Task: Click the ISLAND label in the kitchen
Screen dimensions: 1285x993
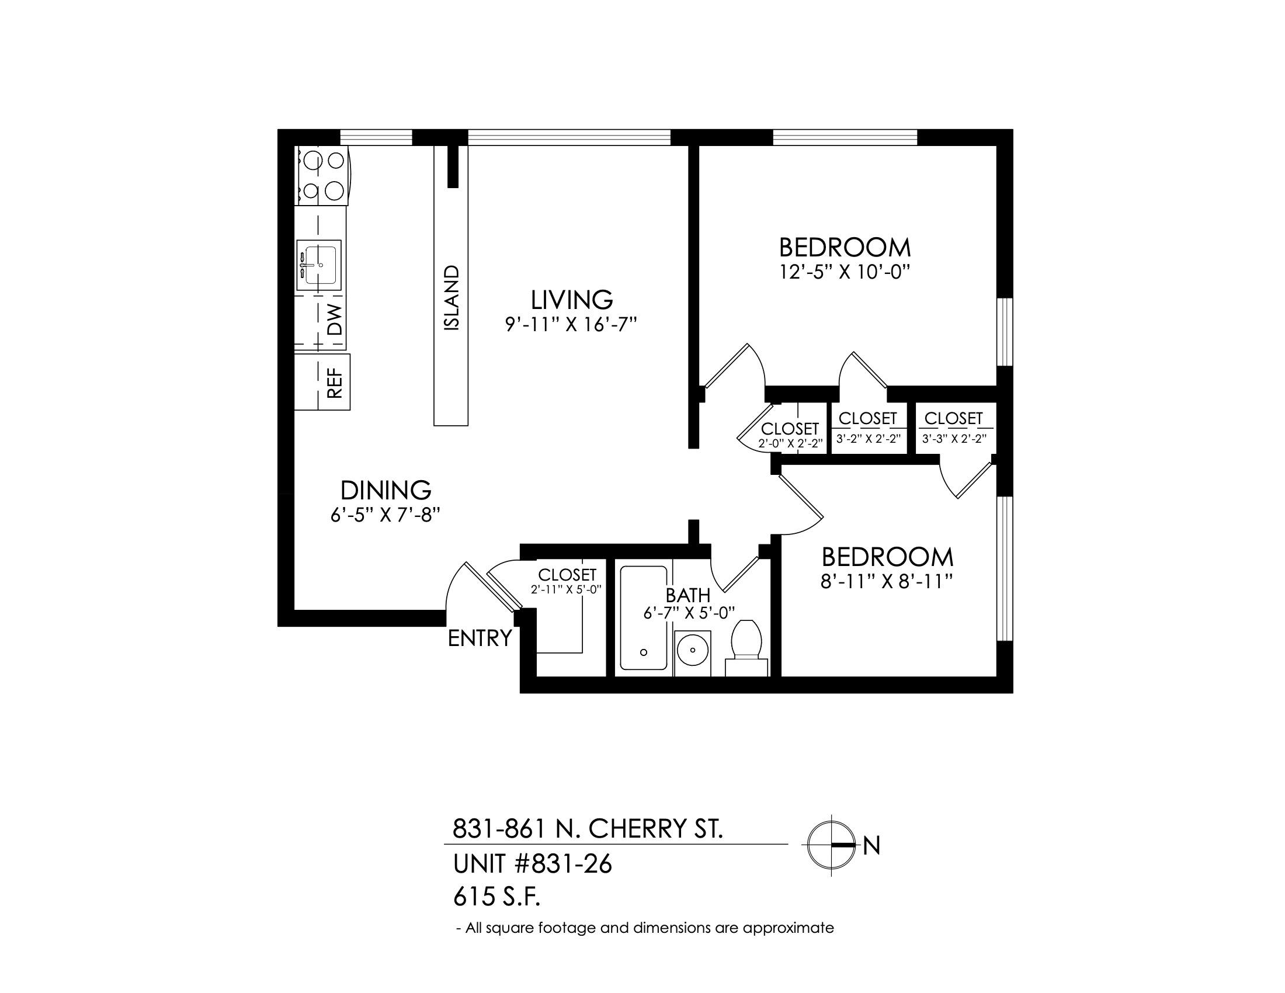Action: click(452, 298)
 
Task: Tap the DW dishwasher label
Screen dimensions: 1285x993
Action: click(334, 320)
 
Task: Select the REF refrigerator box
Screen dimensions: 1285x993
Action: click(322, 382)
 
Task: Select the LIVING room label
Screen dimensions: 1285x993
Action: click(572, 300)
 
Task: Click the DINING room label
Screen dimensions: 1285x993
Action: click(386, 490)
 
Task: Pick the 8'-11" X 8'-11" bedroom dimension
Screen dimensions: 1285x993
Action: click(887, 582)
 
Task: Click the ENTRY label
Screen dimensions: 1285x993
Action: click(480, 638)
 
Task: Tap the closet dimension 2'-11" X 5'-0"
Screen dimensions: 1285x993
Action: click(566, 589)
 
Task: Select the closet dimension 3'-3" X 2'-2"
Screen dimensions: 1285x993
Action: click(954, 438)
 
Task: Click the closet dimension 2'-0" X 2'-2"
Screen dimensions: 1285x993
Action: click(790, 443)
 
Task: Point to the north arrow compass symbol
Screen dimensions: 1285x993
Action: click(831, 845)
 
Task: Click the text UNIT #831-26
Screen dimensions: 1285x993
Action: click(533, 864)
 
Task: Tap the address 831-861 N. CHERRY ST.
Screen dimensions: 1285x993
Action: click(587, 829)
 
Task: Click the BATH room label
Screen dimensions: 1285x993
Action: click(688, 595)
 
